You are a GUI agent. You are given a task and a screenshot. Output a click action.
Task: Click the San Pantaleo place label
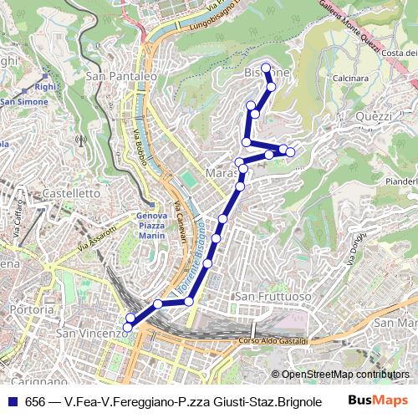pyautogui.click(x=121, y=76)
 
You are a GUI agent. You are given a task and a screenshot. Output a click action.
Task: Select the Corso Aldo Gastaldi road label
pyautogui.click(x=274, y=341)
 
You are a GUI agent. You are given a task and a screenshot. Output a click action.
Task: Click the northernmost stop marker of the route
pyautogui.click(x=266, y=68)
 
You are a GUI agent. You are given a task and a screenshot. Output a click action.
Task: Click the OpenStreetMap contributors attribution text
pyautogui.click(x=345, y=375)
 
